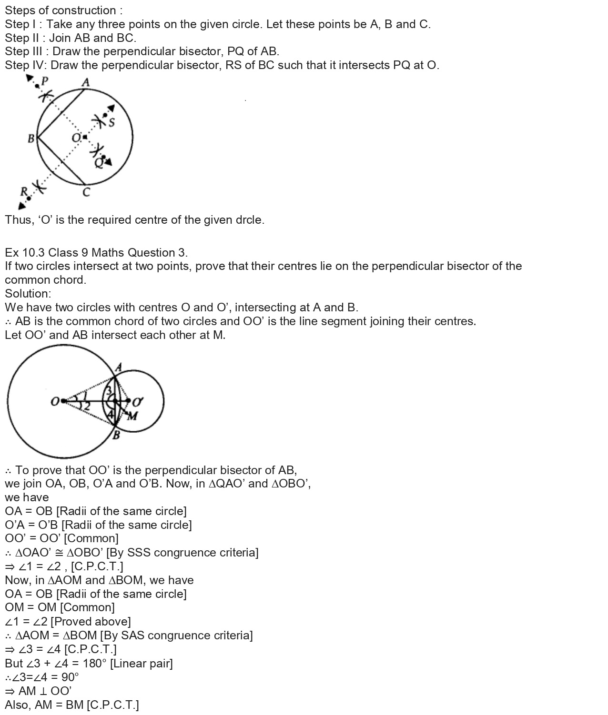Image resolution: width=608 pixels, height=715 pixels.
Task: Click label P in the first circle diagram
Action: (45, 80)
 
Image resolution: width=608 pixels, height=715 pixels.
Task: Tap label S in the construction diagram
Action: (111, 123)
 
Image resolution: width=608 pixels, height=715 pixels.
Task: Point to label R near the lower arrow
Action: (23, 191)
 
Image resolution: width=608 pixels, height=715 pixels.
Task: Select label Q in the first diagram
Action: (99, 163)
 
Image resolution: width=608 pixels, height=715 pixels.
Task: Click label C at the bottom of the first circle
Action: (86, 193)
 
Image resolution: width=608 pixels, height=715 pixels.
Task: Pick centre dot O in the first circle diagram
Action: (84, 137)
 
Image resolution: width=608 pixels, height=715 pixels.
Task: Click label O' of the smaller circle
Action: (138, 402)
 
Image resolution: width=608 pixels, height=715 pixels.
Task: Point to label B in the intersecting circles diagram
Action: (116, 435)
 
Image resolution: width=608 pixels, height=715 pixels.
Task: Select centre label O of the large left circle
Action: (55, 402)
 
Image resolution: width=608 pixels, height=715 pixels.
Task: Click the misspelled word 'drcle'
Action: (249, 220)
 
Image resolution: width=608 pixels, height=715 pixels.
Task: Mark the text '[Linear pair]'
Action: (142, 663)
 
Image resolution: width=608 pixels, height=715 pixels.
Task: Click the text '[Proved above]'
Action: (91, 622)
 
